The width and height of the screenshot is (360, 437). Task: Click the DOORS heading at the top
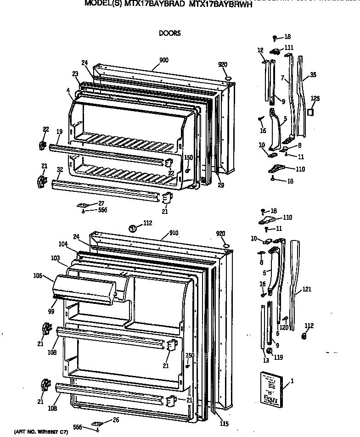(169, 33)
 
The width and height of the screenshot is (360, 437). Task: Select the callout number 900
(163, 60)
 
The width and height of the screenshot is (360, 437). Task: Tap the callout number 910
(173, 233)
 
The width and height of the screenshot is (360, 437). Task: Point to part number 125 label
(315, 98)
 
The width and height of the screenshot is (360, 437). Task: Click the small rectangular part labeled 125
(312, 112)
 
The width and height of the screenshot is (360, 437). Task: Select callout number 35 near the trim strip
(313, 74)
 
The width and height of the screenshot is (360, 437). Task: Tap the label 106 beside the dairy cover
(37, 276)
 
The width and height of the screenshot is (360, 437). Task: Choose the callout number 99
(51, 312)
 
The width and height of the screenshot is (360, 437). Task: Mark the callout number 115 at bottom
(224, 424)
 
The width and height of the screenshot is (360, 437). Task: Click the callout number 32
(60, 169)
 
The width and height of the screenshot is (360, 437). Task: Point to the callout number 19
(59, 132)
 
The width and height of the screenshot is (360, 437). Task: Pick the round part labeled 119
(270, 352)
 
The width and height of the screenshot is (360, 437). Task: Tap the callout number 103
(56, 258)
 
